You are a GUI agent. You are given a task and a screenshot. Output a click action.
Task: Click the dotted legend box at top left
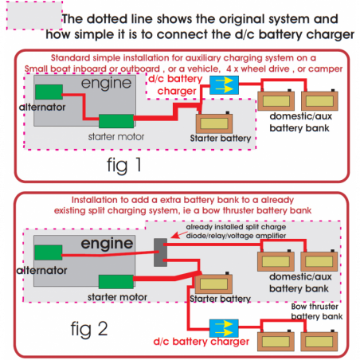(31, 18)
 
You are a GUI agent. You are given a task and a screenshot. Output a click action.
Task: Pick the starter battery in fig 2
(214, 283)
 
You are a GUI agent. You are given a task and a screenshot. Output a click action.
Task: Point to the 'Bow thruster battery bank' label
(318, 310)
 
